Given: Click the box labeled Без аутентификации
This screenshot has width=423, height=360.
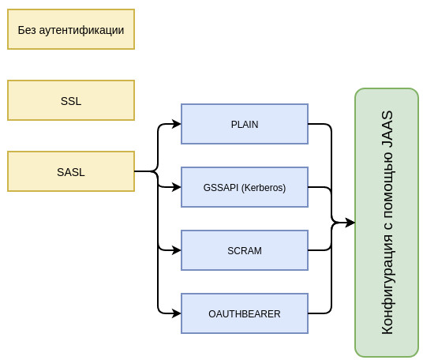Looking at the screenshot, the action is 71,29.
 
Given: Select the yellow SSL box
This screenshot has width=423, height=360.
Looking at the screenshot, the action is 71,100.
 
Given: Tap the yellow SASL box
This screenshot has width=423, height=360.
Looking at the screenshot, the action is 71,171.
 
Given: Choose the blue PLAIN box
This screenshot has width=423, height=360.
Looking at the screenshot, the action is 245,124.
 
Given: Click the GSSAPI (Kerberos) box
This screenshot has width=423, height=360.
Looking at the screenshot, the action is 245,187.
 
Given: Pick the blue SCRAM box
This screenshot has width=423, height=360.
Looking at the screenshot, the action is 245,250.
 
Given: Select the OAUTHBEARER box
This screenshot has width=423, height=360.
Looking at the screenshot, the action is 245,313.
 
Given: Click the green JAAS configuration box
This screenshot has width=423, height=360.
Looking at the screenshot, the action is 387,223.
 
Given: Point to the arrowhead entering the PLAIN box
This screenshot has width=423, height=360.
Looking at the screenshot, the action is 177,124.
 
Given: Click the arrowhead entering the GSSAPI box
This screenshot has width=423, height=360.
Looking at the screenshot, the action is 177,187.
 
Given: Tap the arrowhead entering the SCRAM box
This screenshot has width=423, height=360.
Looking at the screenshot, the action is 177,250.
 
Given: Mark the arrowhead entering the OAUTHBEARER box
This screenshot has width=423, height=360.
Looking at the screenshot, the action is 177,313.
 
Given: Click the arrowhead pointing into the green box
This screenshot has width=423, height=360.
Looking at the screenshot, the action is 350,223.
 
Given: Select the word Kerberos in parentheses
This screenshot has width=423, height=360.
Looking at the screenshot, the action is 264,188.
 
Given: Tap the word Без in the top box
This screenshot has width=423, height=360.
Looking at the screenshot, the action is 27,30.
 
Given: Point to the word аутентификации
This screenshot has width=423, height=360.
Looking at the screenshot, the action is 81,30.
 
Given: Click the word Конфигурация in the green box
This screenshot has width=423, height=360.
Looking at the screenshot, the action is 388,285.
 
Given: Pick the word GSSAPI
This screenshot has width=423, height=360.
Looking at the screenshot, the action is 221,188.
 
